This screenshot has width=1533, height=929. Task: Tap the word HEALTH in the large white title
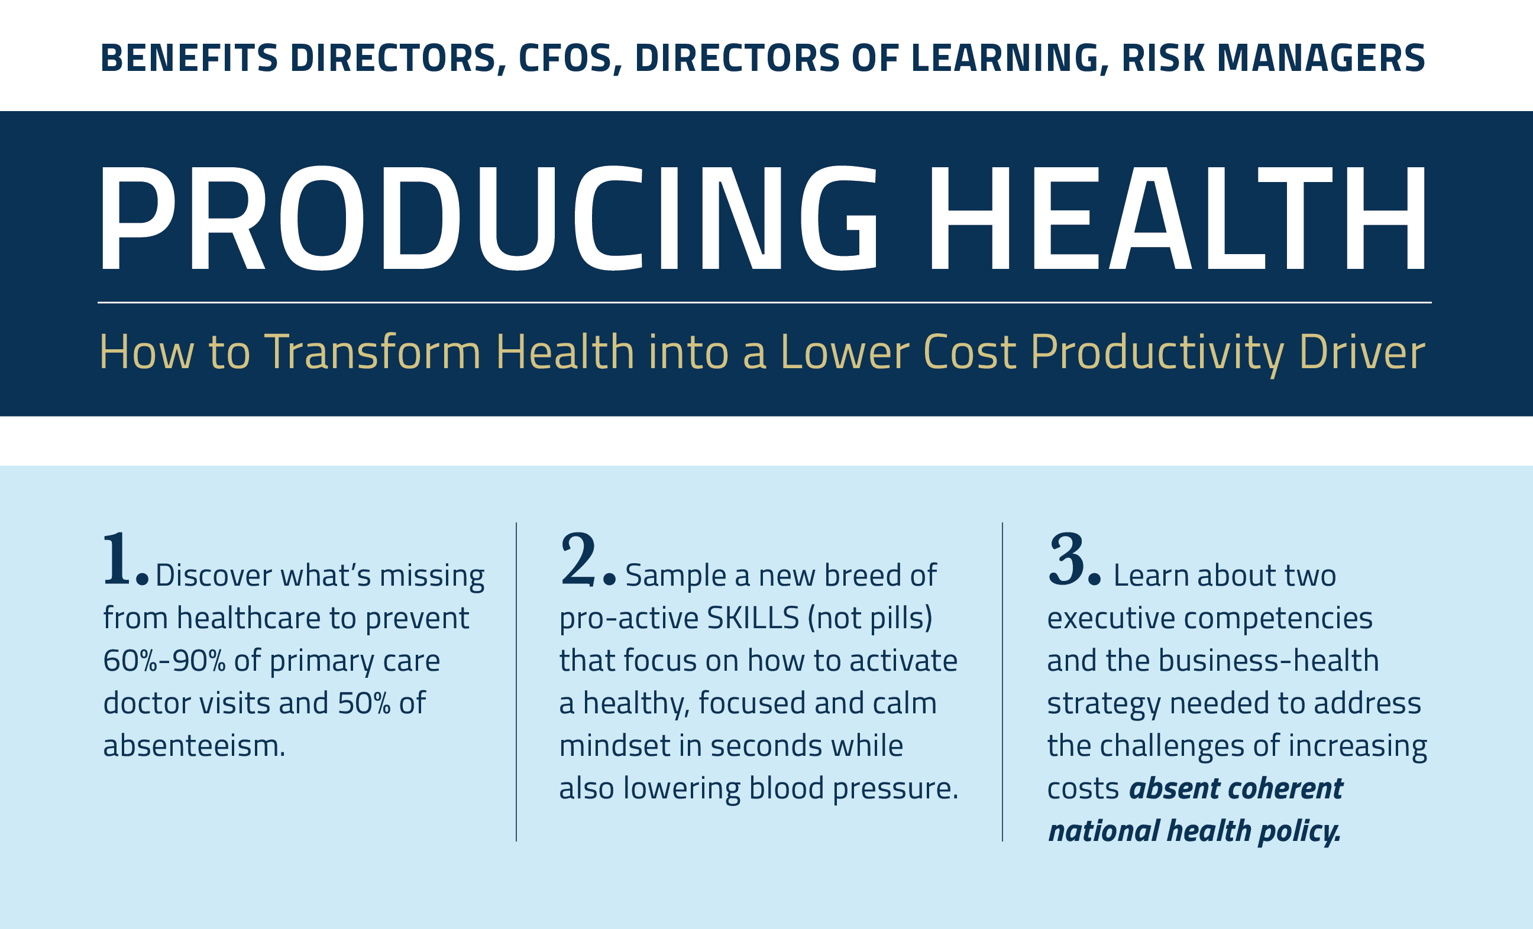click(1178, 217)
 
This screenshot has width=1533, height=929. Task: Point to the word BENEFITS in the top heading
click(189, 58)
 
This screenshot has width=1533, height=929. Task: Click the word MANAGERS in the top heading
click(1321, 58)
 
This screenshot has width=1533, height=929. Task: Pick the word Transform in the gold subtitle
click(373, 352)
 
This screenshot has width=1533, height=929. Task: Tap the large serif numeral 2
click(578, 559)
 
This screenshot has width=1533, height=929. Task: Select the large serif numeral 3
click(1067, 559)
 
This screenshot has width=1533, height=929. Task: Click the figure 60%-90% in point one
click(164, 660)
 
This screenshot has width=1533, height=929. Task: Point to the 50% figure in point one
click(364, 703)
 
